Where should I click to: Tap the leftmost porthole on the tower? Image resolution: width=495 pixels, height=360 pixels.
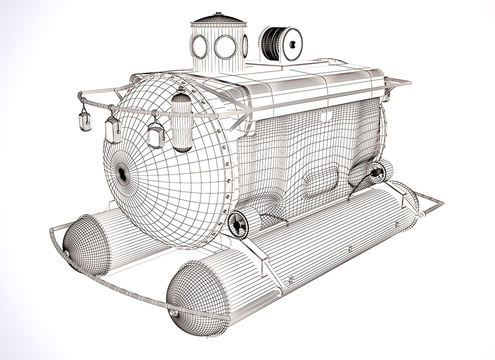(198, 46)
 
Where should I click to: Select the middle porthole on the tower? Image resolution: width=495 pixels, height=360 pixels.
(225, 46)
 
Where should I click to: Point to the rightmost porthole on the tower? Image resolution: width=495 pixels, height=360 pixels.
(245, 45)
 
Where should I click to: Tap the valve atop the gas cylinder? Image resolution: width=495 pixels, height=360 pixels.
(181, 90)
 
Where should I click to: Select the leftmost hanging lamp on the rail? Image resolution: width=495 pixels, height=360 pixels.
(85, 122)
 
